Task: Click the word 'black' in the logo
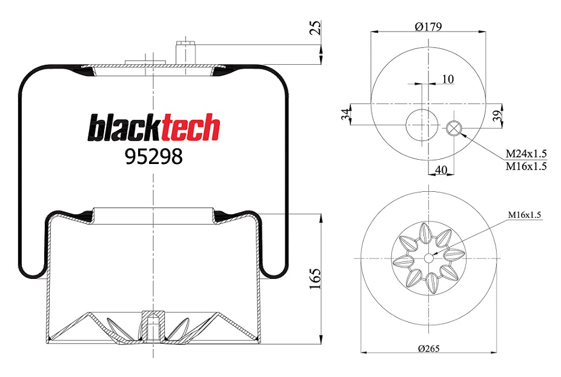pos(119,128)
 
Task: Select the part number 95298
pos(153,157)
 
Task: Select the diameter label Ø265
pos(428,349)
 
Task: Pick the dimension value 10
pos(448,79)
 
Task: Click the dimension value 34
pos(346,115)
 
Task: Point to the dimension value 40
pos(441,171)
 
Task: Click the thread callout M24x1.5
pos(526,154)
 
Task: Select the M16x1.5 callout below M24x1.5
pos(526,166)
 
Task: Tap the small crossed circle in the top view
pos(454,128)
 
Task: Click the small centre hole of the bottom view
pos(428,258)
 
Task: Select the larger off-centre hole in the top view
pos(419,126)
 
